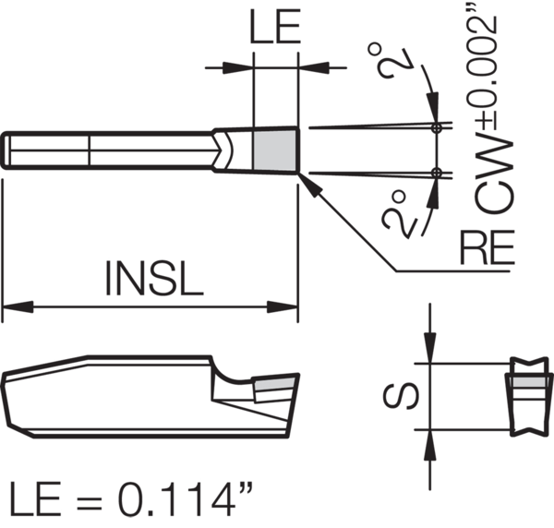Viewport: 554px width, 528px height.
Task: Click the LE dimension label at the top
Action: [x=275, y=30]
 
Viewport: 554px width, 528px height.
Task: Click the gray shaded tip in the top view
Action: [x=275, y=150]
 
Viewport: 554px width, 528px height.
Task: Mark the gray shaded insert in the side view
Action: [x=275, y=382]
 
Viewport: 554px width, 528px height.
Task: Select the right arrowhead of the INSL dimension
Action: [x=288, y=306]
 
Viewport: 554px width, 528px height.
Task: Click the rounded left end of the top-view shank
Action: [x=8, y=150]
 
